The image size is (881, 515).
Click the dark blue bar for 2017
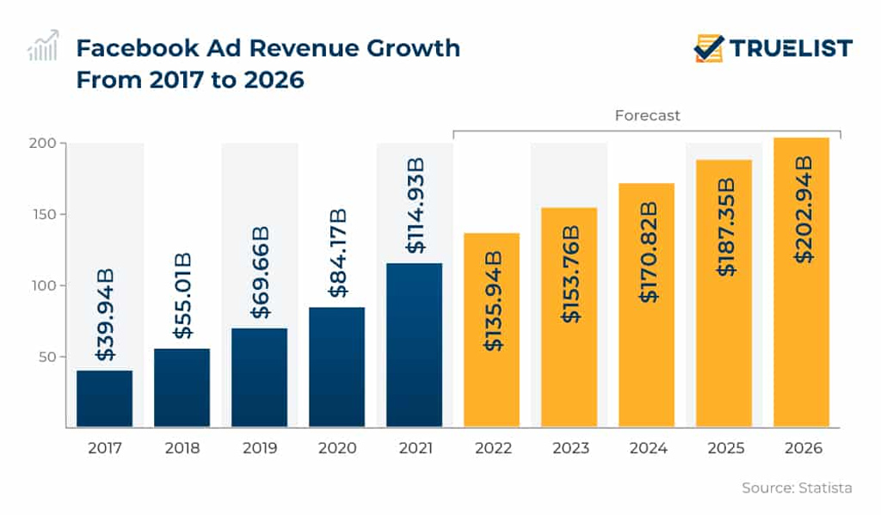(x=104, y=398)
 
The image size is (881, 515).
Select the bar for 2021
(x=414, y=344)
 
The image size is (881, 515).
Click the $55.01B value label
(x=182, y=296)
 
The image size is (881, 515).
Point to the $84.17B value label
(x=337, y=252)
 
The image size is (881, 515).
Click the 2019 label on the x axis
(x=259, y=449)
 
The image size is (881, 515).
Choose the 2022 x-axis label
(x=492, y=449)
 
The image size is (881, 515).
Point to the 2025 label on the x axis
(x=724, y=449)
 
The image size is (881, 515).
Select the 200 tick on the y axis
(x=44, y=143)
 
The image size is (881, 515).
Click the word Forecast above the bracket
(x=647, y=115)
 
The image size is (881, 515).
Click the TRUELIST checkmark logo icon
(x=709, y=48)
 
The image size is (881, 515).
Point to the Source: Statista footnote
(x=797, y=487)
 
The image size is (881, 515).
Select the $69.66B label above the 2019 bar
(x=260, y=273)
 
